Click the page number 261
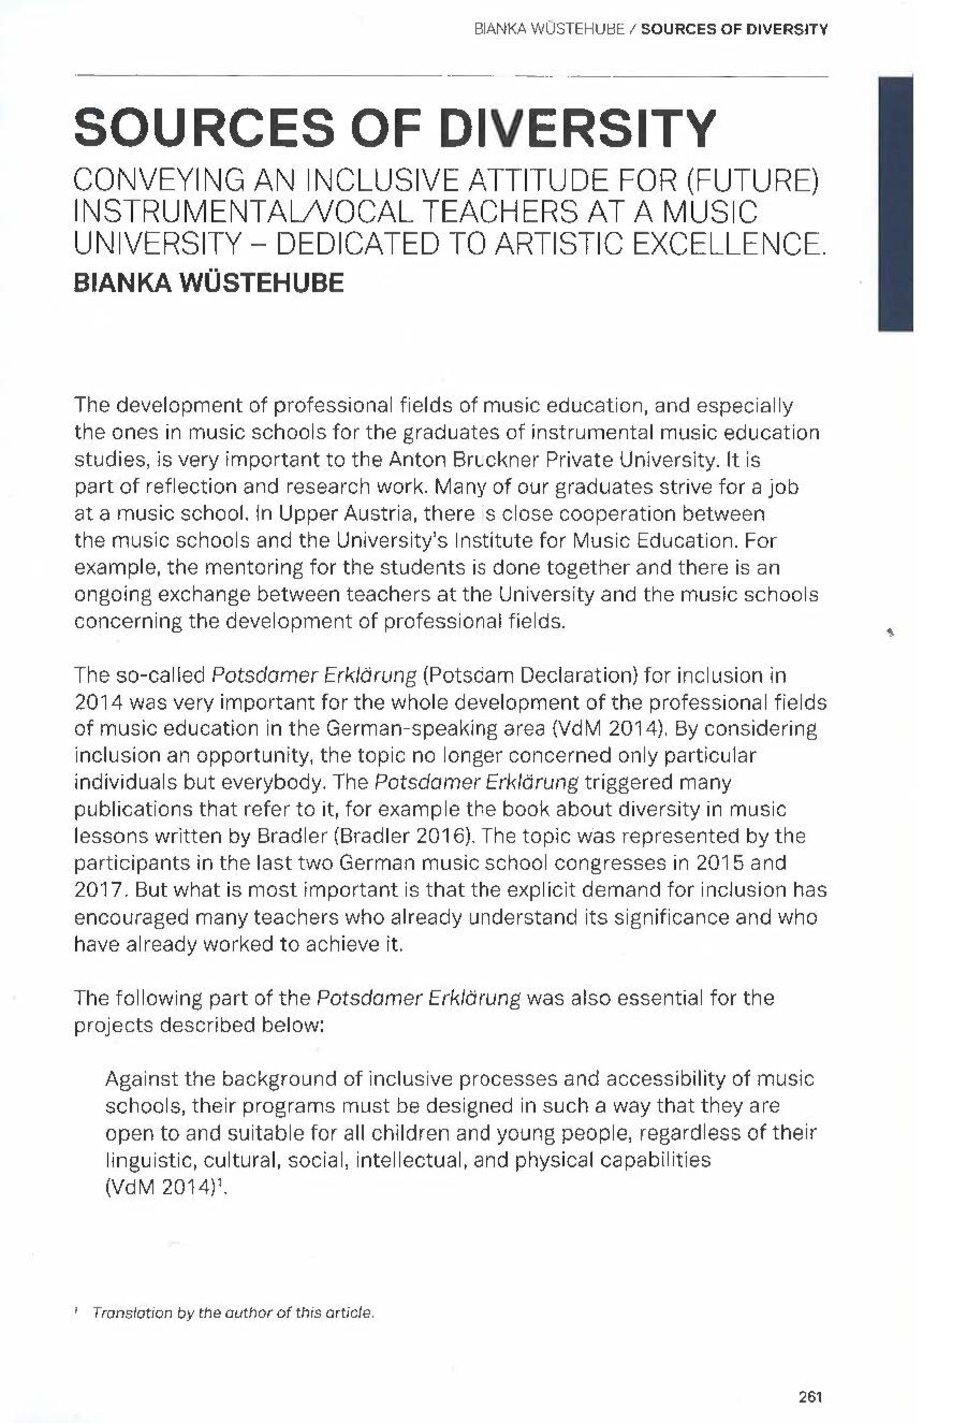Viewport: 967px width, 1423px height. coord(810,1398)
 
